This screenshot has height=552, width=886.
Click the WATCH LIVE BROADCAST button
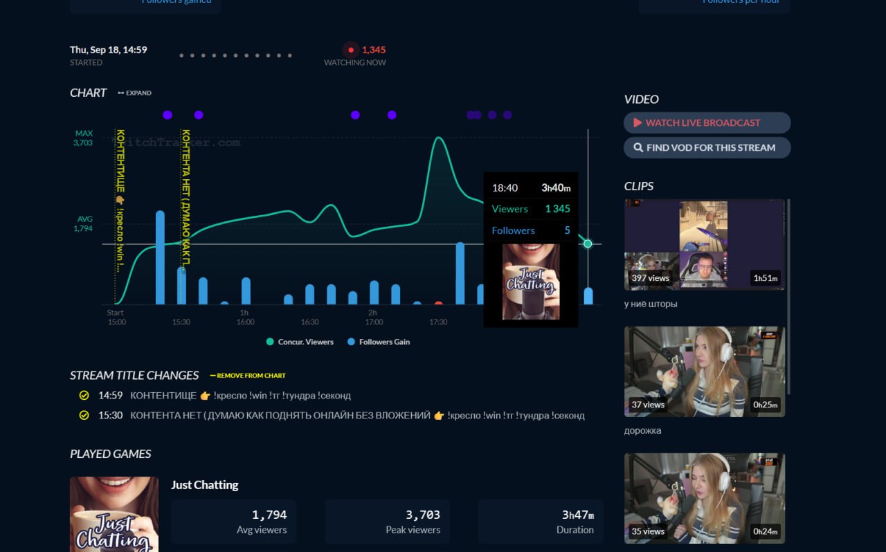[707, 122]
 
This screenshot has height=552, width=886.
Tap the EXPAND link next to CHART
[134, 93]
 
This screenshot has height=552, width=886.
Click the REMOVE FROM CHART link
[248, 376]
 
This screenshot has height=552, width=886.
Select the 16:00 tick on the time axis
[245, 322]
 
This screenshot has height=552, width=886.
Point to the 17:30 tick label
[438, 322]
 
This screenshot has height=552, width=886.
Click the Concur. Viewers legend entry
[300, 342]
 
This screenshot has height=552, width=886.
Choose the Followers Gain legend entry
[379, 342]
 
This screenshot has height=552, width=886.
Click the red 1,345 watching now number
[373, 50]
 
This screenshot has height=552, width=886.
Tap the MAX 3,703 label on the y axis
[84, 138]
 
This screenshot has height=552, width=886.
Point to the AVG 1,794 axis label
[84, 223]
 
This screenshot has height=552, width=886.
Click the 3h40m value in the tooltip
[556, 187]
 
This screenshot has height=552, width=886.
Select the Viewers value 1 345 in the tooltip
[557, 209]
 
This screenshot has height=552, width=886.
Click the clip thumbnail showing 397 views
[705, 245]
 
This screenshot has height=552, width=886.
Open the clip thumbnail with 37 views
[705, 371]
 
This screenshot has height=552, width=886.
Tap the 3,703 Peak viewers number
[422, 515]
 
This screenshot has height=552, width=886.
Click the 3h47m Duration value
[577, 515]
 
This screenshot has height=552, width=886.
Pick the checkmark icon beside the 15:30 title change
[84, 416]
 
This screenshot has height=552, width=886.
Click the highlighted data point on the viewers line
[588, 243]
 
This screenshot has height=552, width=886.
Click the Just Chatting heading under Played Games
[205, 485]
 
